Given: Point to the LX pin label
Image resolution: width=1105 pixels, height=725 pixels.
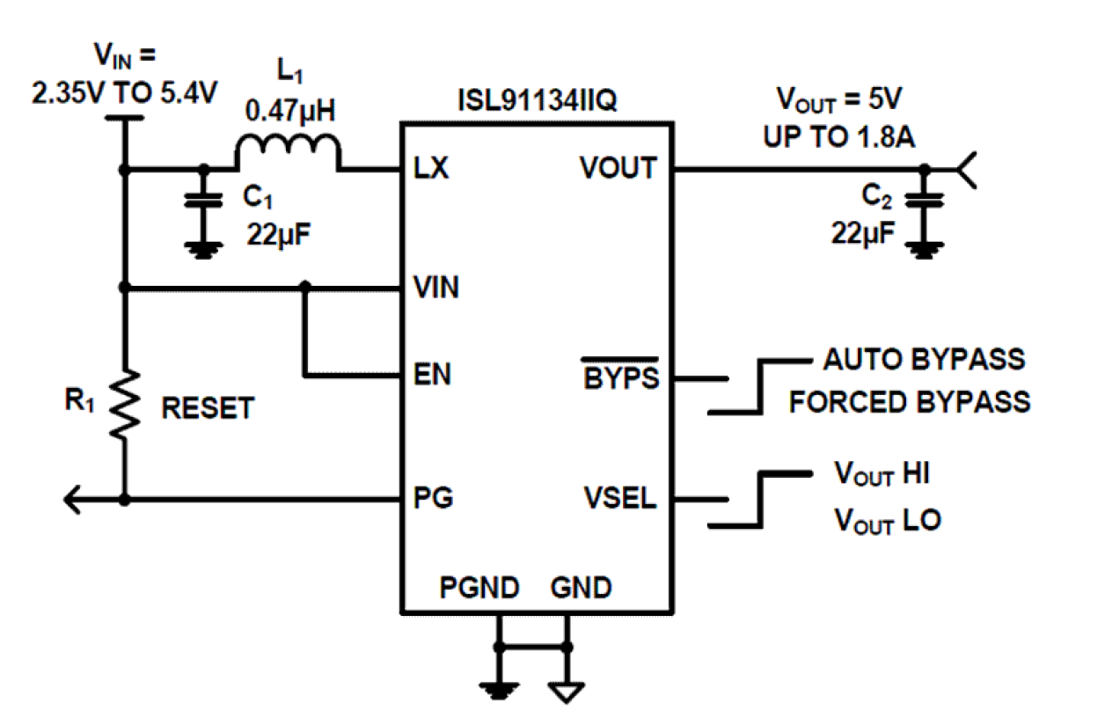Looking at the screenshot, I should (x=431, y=167).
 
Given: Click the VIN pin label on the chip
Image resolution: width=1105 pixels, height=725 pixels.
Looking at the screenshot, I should (x=435, y=288).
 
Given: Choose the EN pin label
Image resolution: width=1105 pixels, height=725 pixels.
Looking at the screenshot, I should (x=432, y=376).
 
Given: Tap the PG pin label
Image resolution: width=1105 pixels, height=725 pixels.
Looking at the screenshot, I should (x=433, y=499).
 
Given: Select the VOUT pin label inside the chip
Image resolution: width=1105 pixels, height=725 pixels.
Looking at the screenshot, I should (x=619, y=167).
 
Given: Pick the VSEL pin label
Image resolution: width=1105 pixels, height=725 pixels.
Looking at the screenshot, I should (x=620, y=499).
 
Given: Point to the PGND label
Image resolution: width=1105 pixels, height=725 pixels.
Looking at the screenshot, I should (x=479, y=587).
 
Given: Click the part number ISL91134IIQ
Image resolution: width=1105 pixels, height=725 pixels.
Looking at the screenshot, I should (x=538, y=99).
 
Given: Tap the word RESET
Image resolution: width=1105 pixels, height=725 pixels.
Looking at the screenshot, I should (x=208, y=408).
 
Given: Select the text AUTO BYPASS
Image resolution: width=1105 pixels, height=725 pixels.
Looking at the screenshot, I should (x=924, y=359).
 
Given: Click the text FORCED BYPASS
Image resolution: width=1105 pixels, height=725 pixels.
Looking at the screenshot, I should (x=909, y=402).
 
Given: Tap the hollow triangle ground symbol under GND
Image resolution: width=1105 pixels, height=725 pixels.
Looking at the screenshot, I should (x=567, y=692).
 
